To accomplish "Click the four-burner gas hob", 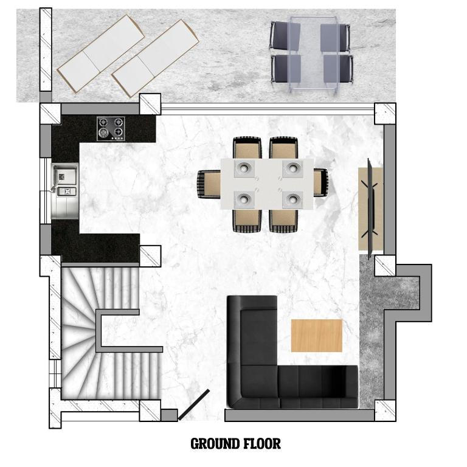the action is coord(111,129).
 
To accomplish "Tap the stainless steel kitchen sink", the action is coord(65,191).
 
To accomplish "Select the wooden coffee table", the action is coord(317,336).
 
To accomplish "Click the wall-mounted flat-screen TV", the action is coord(370,209).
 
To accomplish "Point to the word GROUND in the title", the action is coord(215,444).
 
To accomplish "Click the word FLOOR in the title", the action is coord(262,444).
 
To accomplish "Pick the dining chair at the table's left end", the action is coord(209,184).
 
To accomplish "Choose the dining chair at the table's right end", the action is coord(321,182).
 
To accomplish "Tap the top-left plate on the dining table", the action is coord(244,168).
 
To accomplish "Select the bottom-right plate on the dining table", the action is coord(293,200).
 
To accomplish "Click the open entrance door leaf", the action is coord(194,405).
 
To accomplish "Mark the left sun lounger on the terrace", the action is coord(101,54).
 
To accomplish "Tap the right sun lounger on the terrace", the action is coord(155,58).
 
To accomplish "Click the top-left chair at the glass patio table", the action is coord(285,35).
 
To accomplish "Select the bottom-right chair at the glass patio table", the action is coord(339,69).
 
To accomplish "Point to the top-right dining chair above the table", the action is coord(283,148).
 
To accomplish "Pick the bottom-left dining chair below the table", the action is coord(247,221).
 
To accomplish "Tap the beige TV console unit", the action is coord(370,209).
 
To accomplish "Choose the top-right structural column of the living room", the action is coord(385,114).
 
